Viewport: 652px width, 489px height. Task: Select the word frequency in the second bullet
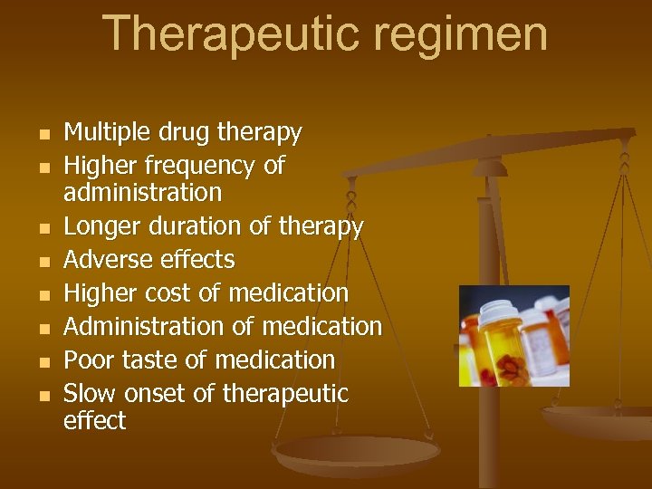pos(192,167)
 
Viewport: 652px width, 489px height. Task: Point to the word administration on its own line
pos(142,192)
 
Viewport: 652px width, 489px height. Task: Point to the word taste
pos(149,360)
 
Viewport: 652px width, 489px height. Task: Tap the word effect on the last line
pos(94,421)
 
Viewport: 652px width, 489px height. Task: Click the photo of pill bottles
pos(513,336)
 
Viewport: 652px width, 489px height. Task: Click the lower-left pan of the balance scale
pos(357,453)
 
